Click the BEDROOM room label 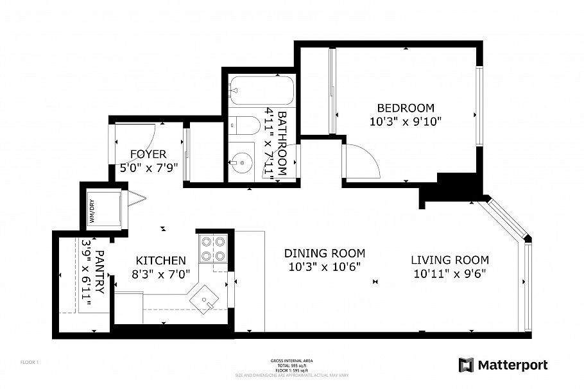tap(405, 108)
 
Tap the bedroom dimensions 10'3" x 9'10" tap(405, 121)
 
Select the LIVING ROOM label tap(449, 260)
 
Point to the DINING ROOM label tap(325, 253)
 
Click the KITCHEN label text tap(160, 261)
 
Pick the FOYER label tap(148, 154)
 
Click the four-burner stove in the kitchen tap(213, 248)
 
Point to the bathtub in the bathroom tap(262, 91)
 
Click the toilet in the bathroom tap(241, 125)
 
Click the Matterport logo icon tap(467, 365)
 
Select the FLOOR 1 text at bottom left tap(30, 363)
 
